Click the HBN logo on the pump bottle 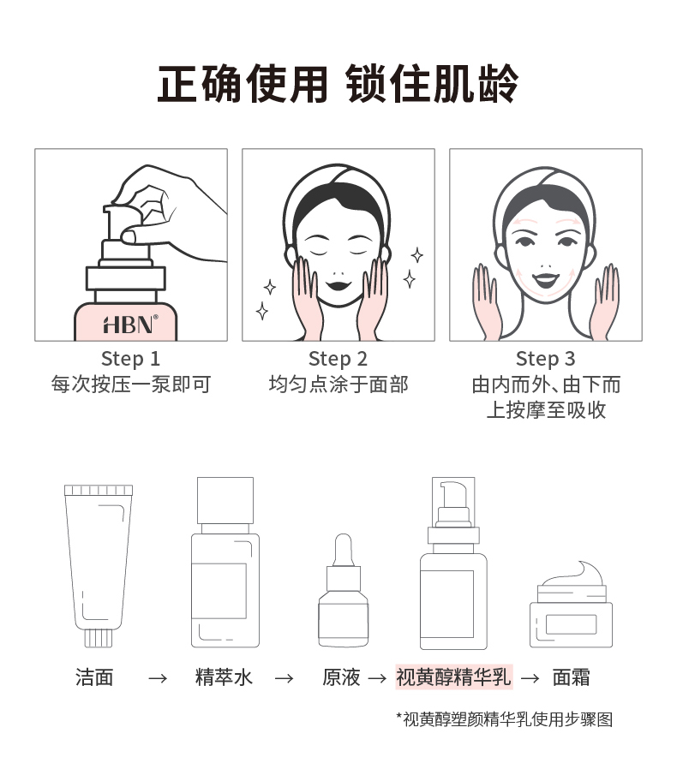(130, 325)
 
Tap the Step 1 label (130, 359)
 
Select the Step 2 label (338, 359)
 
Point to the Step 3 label (545, 359)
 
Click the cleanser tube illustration (99, 565)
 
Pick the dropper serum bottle (344, 591)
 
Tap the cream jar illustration (571, 605)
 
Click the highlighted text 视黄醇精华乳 (453, 677)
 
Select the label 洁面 (95, 677)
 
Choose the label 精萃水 (224, 677)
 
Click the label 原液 (341, 677)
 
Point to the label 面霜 (572, 677)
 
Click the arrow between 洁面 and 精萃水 (158, 678)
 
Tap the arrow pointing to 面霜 (530, 678)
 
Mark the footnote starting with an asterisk (505, 719)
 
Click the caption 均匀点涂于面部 (338, 385)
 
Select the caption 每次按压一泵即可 (131, 385)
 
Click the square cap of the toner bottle (225, 501)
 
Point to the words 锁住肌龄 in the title (432, 84)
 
